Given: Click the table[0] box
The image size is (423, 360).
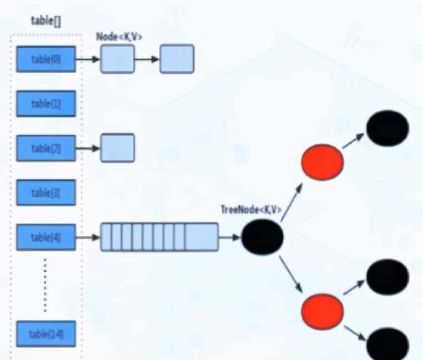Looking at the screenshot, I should [x=46, y=59].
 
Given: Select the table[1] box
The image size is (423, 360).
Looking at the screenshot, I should [x=46, y=104].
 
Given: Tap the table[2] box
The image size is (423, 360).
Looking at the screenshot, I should [x=46, y=148].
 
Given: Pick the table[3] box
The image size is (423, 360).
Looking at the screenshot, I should [x=46, y=192].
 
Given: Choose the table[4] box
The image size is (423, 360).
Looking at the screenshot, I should [x=46, y=237].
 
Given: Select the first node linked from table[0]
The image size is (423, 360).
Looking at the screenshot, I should [x=117, y=59].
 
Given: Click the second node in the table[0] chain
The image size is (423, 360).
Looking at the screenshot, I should [x=177, y=59].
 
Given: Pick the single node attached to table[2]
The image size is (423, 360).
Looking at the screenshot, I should [x=117, y=148].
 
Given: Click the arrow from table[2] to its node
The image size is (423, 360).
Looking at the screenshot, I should [x=88, y=148].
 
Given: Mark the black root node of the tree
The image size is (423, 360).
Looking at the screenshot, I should [x=263, y=237].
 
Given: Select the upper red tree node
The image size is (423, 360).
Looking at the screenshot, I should [x=322, y=162].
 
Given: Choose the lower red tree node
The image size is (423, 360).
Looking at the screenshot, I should [x=322, y=312].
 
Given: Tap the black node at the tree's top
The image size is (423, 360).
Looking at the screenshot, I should [x=387, y=128].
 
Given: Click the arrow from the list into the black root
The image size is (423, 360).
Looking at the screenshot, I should [x=229, y=237].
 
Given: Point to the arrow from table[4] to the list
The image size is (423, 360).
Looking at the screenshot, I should [x=88, y=237].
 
